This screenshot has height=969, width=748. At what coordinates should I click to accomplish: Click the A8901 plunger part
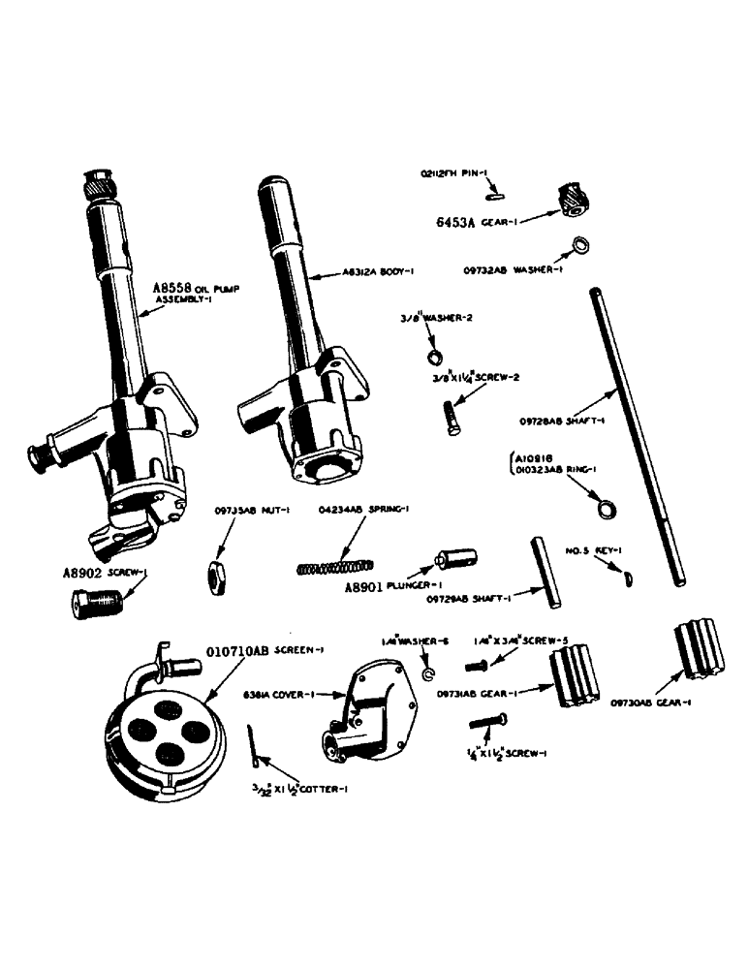click(x=455, y=560)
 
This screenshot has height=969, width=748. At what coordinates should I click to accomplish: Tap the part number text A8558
click(x=171, y=288)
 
